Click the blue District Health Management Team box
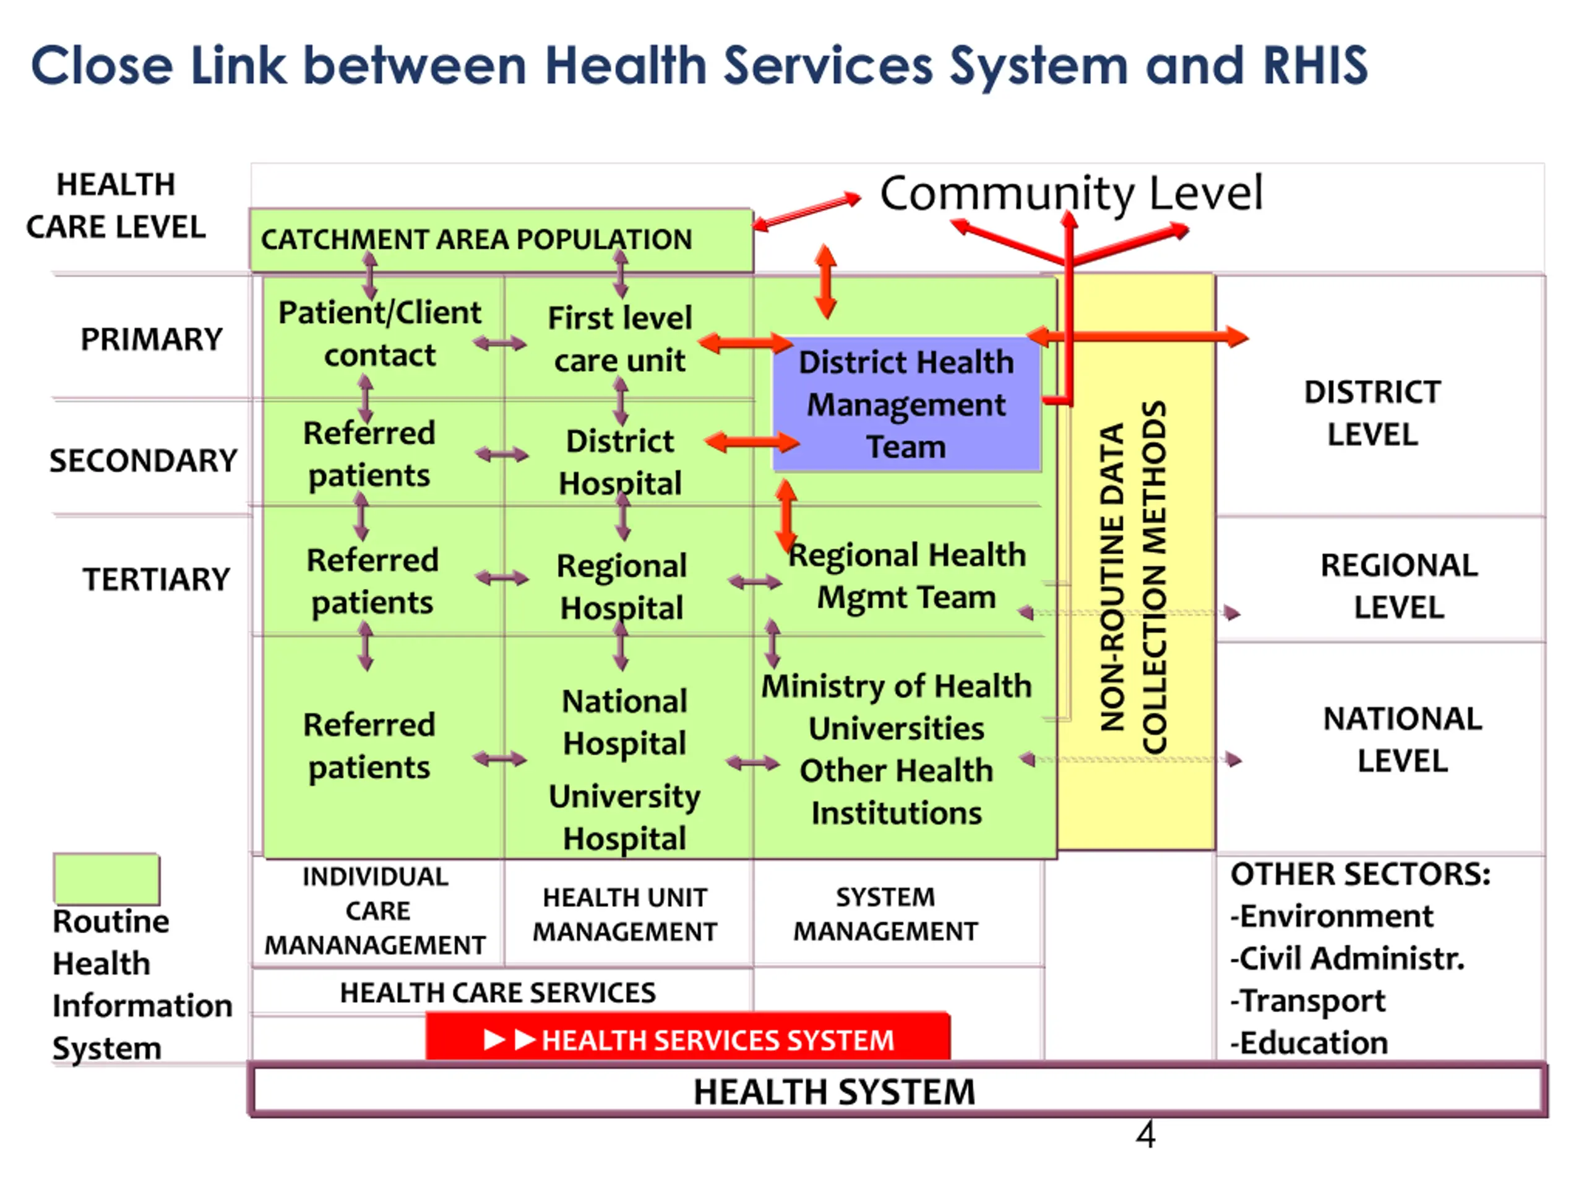906,404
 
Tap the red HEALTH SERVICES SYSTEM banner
687,1039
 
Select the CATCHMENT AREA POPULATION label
476,240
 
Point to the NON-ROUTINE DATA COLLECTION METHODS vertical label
1134,577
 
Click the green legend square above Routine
106,878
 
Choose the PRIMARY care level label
151,340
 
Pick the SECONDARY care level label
143,460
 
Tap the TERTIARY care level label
156,579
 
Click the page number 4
1145,1135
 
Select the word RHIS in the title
1315,66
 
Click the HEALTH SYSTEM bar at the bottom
834,1092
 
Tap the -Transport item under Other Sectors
1307,1001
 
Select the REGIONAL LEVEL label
1398,587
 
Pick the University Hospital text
624,817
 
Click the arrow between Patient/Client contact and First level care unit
500,344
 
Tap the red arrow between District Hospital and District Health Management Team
752,442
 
